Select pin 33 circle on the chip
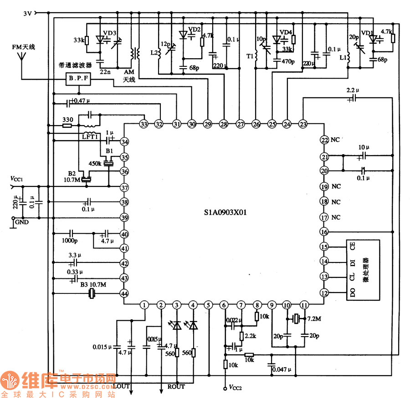tap(144, 124)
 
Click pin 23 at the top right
tap(303, 124)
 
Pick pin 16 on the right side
tap(324, 232)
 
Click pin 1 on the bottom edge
tap(144, 305)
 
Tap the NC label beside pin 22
tap(336, 140)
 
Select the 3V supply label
tap(28, 13)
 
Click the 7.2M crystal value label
tap(314, 319)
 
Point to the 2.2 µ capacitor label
tap(353, 90)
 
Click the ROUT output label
tap(176, 387)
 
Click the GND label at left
tap(21, 222)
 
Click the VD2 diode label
tap(195, 30)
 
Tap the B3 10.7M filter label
tap(93, 285)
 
